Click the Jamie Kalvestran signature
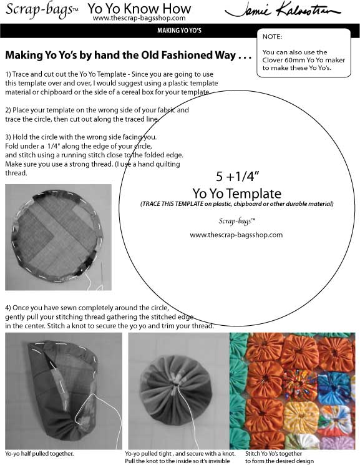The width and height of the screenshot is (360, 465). point(283,11)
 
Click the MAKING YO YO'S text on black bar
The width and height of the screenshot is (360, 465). point(180,30)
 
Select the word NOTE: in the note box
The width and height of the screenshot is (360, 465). point(272,37)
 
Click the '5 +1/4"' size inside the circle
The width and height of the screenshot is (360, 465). point(237,177)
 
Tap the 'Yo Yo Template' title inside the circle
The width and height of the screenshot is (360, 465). point(236,193)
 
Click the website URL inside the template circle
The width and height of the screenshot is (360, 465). point(236,235)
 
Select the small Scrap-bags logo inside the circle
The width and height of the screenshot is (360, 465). point(236,221)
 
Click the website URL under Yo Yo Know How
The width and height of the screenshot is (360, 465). point(139,18)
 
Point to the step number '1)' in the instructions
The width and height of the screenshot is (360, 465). point(8,74)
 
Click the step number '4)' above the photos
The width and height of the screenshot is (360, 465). point(8,308)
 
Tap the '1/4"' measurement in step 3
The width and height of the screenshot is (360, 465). point(54,146)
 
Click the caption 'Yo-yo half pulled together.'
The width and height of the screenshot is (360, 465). point(39,454)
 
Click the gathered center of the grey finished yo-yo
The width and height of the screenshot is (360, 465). point(176,383)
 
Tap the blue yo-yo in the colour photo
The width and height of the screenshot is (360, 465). point(334,384)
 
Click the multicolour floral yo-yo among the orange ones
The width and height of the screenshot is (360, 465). point(299,384)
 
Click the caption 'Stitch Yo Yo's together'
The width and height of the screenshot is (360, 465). point(273,454)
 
